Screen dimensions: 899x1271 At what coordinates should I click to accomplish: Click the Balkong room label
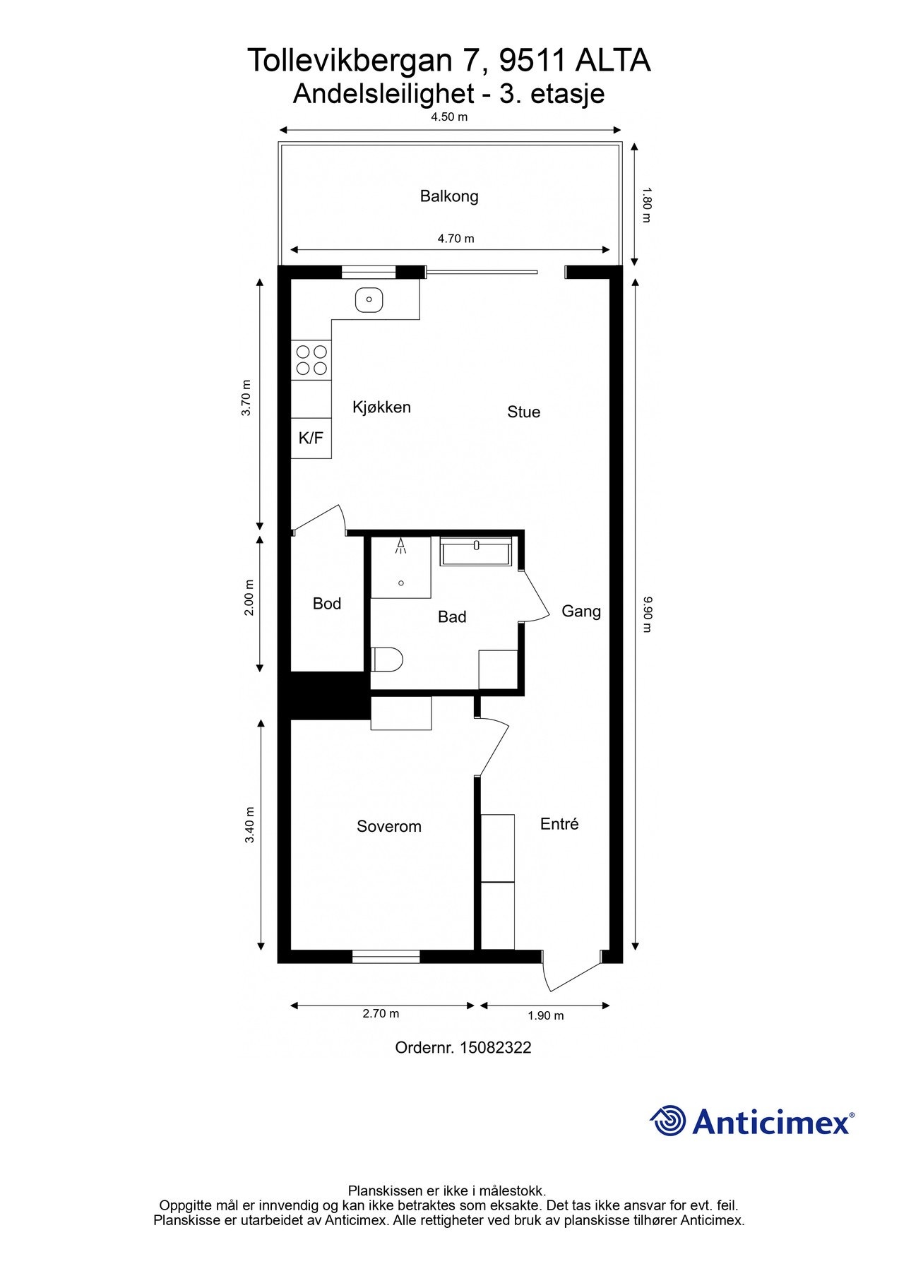point(449,196)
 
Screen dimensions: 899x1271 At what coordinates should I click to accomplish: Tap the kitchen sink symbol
point(369,299)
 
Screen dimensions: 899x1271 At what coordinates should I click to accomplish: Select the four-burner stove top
point(311,359)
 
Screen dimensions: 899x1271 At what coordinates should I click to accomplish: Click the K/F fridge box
point(311,438)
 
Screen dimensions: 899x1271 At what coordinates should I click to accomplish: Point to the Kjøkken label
point(381,407)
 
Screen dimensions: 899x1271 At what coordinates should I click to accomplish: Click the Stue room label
point(523,412)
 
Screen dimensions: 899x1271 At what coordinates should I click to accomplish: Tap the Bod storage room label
point(327,604)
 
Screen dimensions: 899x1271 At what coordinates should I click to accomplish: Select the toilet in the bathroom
point(386,660)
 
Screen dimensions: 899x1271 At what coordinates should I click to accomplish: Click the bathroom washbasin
point(476,551)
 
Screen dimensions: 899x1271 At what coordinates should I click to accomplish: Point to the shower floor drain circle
point(401,583)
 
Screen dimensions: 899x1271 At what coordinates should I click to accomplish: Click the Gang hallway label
point(581,611)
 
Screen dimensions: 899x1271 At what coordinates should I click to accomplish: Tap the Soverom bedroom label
point(389,826)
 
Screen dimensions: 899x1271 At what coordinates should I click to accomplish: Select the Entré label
point(559,824)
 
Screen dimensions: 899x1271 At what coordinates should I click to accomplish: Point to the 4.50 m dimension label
point(449,117)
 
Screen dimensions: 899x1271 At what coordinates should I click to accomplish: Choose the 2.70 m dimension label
point(381,1013)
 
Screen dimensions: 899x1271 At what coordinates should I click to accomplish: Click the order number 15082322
point(495,1048)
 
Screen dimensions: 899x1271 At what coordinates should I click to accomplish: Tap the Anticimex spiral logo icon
point(668,1121)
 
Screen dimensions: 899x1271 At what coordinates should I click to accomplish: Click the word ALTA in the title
point(613,61)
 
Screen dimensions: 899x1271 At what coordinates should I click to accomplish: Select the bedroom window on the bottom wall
point(386,957)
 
